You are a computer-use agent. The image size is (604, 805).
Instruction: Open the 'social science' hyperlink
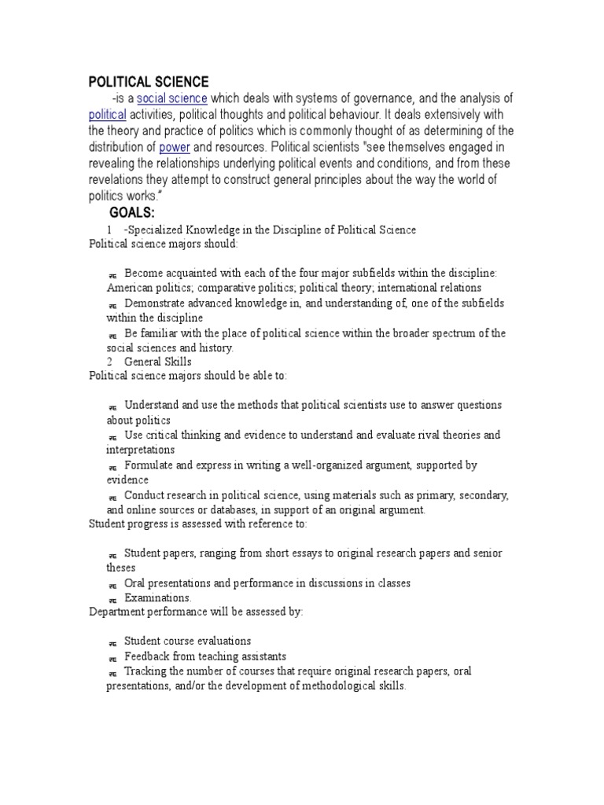click(172, 98)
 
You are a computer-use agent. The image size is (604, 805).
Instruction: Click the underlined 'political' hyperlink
click(107, 114)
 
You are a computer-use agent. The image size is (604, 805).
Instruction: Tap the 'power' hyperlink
click(175, 146)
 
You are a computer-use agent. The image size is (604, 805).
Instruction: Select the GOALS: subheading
click(132, 213)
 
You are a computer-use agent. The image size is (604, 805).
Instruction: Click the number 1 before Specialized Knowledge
click(109, 230)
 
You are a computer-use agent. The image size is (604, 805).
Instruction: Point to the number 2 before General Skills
click(109, 362)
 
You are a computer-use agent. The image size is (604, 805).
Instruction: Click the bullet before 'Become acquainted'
click(112, 274)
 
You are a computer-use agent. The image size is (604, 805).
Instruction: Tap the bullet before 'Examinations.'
click(112, 599)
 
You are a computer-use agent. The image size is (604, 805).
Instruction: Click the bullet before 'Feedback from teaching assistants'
click(112, 657)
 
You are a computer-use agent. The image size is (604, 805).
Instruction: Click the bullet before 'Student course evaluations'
click(112, 642)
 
